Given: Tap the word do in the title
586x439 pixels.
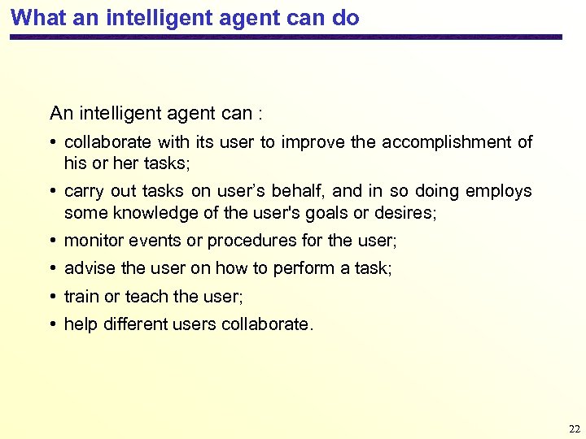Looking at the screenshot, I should [345, 18].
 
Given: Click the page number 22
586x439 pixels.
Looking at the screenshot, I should [575, 428].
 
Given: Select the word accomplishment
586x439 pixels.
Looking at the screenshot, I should [453, 142].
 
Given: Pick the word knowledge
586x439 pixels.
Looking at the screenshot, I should [147, 213].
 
